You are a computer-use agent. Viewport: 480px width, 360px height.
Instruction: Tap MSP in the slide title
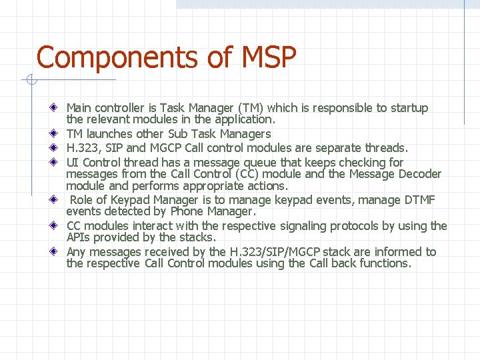264,57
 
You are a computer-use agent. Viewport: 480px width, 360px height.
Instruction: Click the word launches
109,134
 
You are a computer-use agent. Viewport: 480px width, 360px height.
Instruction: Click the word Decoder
417,174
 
